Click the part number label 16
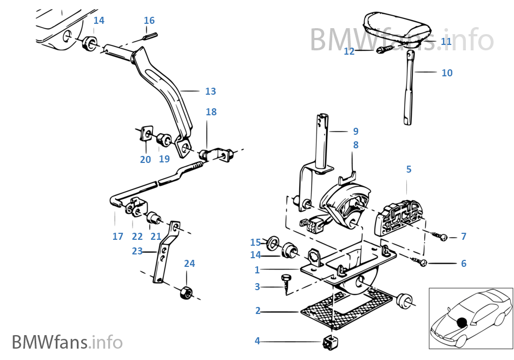(x=149, y=21)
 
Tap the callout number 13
(x=210, y=91)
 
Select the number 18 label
(x=211, y=112)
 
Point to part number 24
(x=189, y=264)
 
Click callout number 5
(x=408, y=169)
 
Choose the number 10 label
(x=447, y=73)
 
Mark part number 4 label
(x=257, y=341)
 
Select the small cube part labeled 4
(x=329, y=342)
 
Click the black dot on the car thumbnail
(x=460, y=322)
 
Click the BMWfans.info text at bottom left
(x=67, y=342)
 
